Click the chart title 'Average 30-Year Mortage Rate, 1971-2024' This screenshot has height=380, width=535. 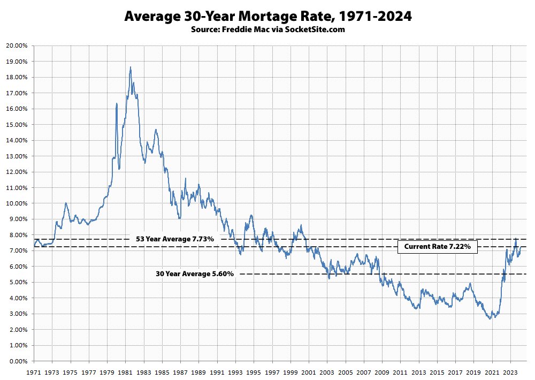(x=267, y=17)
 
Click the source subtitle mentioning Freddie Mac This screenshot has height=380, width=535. (x=267, y=29)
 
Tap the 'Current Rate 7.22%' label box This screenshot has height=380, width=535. (x=437, y=247)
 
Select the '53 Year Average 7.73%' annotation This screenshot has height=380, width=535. (x=175, y=239)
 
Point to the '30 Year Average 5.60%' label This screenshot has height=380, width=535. (x=195, y=273)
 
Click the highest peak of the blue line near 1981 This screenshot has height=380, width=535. (x=131, y=67)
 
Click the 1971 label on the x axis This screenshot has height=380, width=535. (x=34, y=371)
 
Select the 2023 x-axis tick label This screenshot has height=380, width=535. (x=510, y=371)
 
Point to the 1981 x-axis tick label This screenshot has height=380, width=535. (x=125, y=371)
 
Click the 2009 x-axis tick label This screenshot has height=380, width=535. (x=382, y=371)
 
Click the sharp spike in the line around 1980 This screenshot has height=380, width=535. (x=117, y=103)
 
